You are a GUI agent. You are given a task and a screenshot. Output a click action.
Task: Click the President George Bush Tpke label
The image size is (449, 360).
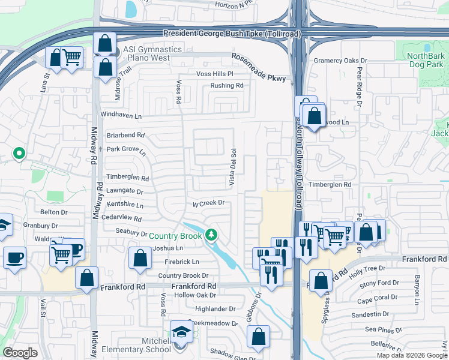coord(232,35)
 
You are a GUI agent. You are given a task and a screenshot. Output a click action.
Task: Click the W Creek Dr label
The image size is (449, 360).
coord(208,203)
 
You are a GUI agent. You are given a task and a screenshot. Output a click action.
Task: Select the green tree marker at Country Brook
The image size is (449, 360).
coord(211,235)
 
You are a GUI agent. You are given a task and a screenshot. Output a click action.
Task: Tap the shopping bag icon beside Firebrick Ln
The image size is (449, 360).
coord(140,259)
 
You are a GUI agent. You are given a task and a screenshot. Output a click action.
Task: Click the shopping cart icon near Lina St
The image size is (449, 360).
coord(71,58)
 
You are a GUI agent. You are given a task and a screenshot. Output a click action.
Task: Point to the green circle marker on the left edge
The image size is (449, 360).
coord(19,154)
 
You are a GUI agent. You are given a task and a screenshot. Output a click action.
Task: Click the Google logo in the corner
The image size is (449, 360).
coord(20,352)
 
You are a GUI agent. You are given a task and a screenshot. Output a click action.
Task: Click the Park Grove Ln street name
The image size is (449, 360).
coord(126,150)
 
